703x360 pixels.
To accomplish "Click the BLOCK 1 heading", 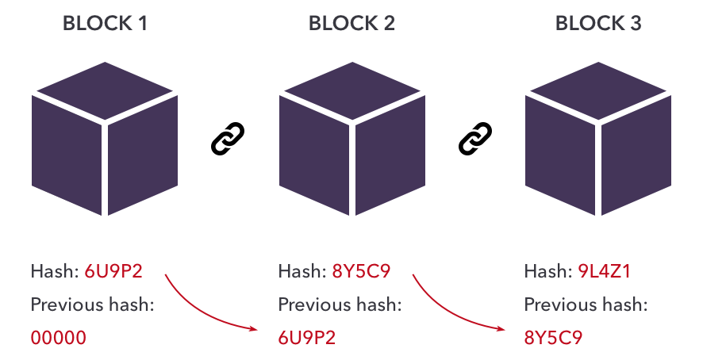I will [x=105, y=23].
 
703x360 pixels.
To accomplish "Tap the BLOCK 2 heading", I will [x=351, y=23].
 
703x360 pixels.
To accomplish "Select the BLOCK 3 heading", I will [x=598, y=23].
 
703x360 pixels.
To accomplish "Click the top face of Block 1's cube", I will [x=105, y=85].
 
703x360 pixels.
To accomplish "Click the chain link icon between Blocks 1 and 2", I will [x=228, y=139].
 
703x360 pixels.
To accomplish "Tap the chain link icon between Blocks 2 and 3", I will [x=475, y=139].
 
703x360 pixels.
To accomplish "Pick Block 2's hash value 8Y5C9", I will [x=360, y=272].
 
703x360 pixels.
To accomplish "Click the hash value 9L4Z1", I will [x=607, y=272].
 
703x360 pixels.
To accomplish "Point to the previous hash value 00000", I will [x=59, y=338].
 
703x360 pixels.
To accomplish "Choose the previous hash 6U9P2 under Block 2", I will [x=307, y=338].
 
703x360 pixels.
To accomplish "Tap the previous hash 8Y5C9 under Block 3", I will [x=554, y=338].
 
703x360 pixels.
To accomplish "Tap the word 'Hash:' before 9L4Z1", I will [x=544, y=272].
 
